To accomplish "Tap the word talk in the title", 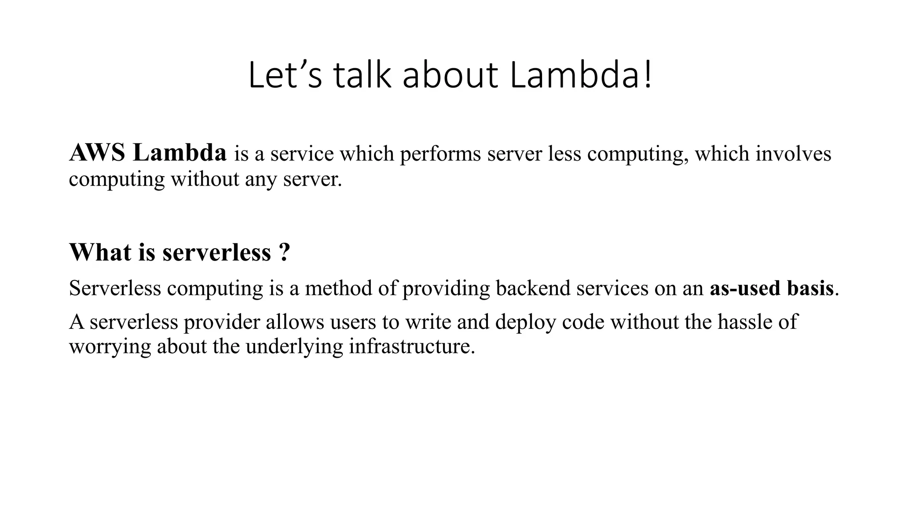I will click(x=362, y=76).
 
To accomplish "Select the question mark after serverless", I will click(x=284, y=253).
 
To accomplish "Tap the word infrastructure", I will click(x=412, y=347).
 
